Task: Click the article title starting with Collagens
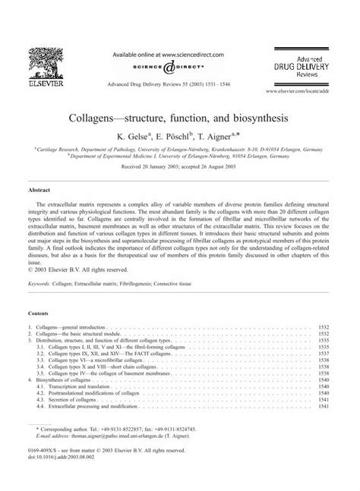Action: pos(180,119)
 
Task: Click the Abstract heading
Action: pos(38,193)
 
